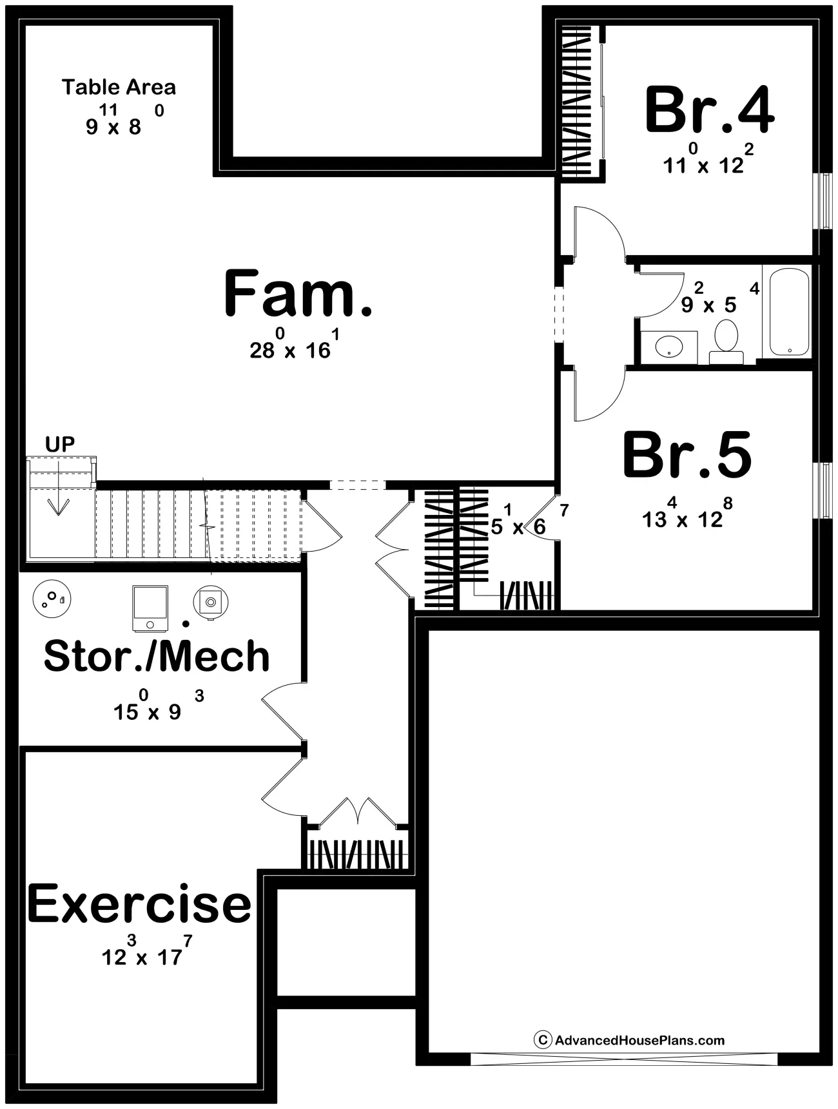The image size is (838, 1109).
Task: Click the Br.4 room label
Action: point(709,110)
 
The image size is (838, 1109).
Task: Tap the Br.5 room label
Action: point(687,455)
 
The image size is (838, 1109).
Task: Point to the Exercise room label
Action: point(139,903)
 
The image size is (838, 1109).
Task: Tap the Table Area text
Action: point(119,87)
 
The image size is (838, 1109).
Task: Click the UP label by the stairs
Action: point(60,444)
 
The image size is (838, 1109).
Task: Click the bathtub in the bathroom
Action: point(786,310)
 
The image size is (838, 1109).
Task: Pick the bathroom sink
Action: point(670,346)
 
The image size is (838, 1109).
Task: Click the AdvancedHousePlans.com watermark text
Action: point(640,1040)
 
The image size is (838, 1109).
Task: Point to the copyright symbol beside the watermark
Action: point(543,1040)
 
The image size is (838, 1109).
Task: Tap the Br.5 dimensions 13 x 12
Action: point(687,513)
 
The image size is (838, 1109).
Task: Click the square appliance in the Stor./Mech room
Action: point(150,608)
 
